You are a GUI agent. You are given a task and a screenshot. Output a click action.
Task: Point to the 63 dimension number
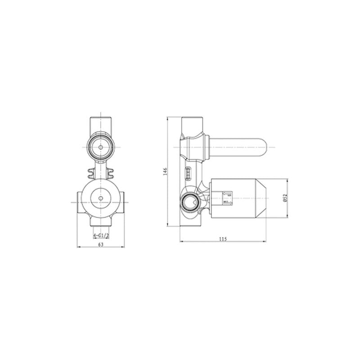[x=101, y=244]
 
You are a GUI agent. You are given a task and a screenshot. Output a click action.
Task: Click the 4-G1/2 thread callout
[x=100, y=235]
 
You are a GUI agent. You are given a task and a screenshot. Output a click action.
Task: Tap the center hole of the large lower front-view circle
[x=101, y=197]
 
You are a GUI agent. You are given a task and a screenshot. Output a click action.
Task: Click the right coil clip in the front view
[x=110, y=171]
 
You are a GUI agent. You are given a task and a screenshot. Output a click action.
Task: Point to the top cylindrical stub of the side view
[x=192, y=123]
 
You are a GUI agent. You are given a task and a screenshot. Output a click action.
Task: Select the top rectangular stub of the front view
[x=101, y=123]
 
